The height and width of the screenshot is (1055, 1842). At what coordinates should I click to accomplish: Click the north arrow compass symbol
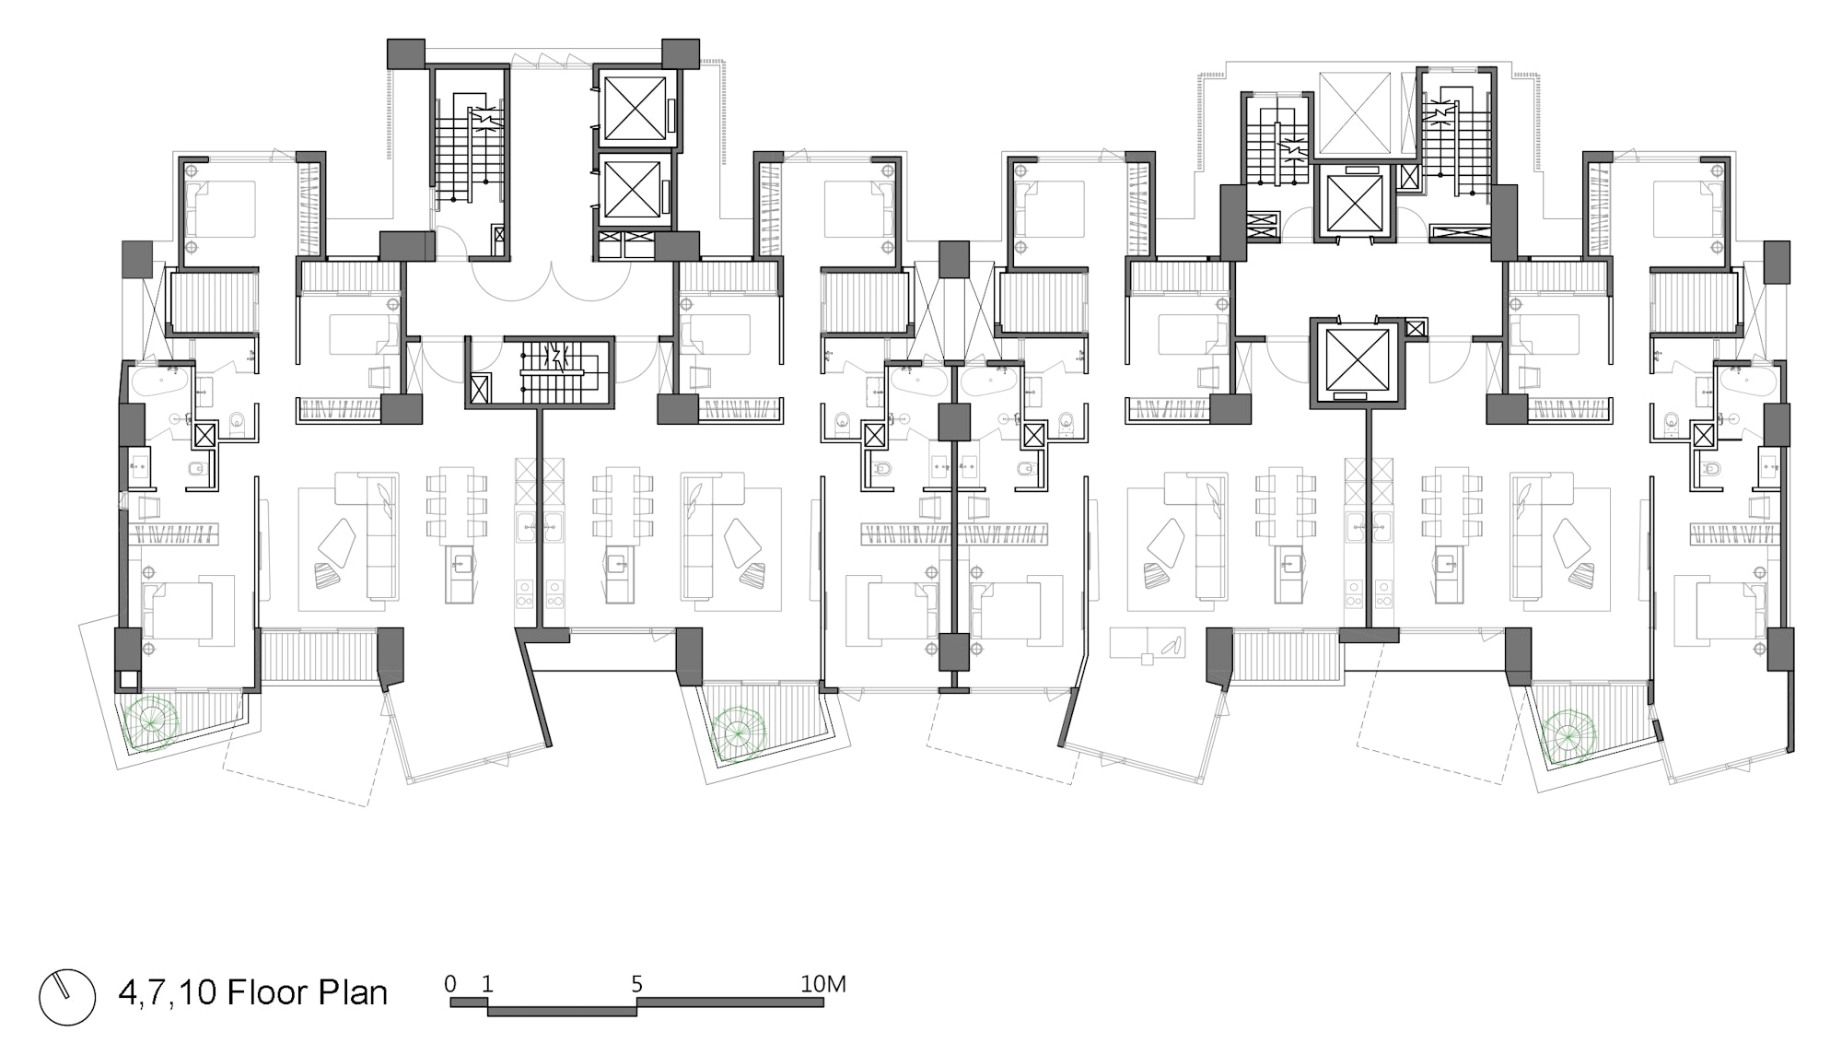tap(67, 997)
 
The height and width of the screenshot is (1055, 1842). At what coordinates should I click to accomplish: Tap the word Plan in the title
tap(353, 993)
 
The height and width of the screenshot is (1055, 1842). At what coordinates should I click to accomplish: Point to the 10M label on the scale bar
tap(822, 984)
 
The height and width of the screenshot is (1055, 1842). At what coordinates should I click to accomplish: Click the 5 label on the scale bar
tap(636, 984)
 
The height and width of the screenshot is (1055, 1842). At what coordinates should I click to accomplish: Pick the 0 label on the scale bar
tap(450, 984)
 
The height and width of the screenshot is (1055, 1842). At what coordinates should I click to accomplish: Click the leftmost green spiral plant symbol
tap(149, 724)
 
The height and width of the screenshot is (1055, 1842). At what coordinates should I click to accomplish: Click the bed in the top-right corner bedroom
tap(1688, 209)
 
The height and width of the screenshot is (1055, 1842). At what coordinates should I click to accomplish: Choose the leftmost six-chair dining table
tap(457, 505)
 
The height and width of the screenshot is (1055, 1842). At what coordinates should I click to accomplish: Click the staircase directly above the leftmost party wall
tap(554, 372)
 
